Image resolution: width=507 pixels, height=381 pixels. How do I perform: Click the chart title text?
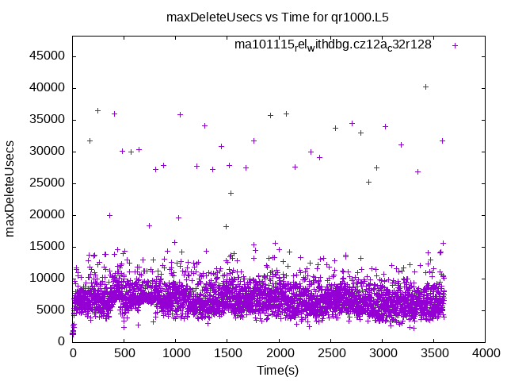click(277, 16)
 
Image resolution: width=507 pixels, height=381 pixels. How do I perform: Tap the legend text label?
click(333, 44)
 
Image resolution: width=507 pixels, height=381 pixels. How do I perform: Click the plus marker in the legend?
click(455, 45)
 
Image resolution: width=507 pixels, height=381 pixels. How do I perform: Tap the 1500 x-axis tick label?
click(227, 353)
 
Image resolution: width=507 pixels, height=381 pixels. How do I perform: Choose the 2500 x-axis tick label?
click(330, 353)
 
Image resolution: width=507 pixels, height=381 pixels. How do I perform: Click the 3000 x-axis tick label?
click(382, 353)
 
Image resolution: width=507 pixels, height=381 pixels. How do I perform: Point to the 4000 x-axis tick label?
click(485, 353)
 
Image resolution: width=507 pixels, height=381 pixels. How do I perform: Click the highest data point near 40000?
click(425, 87)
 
